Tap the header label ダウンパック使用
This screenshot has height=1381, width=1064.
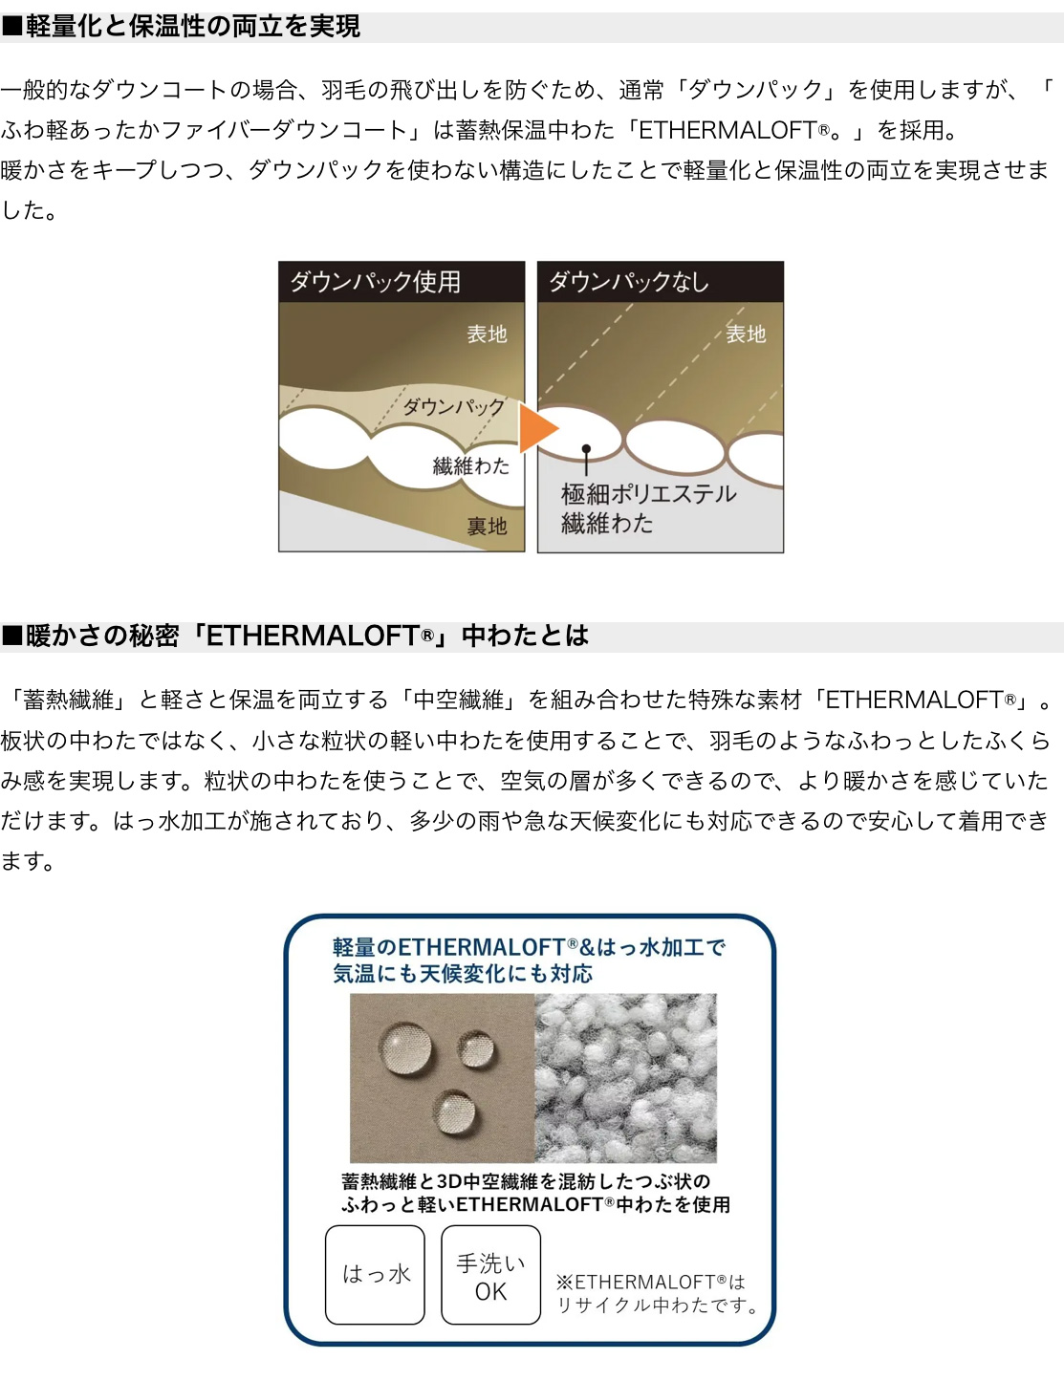[376, 282]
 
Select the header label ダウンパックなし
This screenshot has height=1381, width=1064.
[629, 282]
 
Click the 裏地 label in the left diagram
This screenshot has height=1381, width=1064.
[487, 526]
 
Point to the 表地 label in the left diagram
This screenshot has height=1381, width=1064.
[487, 334]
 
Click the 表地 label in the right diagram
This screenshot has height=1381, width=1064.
[747, 334]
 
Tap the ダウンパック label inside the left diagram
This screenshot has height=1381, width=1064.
[454, 406]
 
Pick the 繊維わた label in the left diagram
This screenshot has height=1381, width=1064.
[471, 465]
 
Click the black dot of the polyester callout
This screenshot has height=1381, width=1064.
[586, 449]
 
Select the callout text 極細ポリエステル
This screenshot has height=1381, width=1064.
[649, 494]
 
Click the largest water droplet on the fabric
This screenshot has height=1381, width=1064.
[405, 1048]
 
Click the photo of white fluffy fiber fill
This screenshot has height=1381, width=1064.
[625, 1078]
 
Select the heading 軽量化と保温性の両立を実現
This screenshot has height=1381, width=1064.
[193, 27]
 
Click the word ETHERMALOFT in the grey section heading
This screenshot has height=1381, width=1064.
[312, 636]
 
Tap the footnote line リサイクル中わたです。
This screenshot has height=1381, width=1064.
[658, 1305]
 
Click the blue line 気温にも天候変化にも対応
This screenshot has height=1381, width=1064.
[463, 973]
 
